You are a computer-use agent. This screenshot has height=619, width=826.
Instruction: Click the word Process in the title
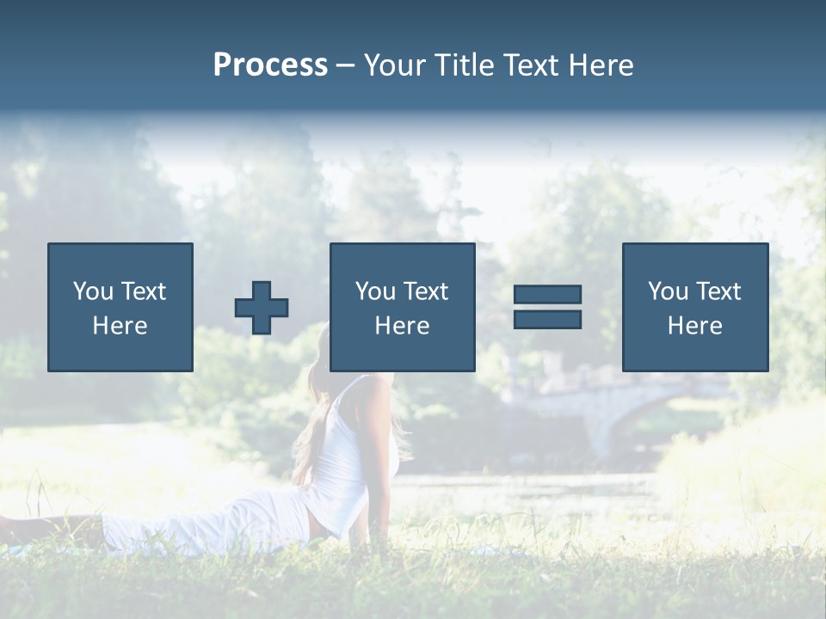[x=270, y=65]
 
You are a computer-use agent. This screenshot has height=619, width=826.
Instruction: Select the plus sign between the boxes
[x=262, y=308]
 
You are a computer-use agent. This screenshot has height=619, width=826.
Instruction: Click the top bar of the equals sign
[x=547, y=294]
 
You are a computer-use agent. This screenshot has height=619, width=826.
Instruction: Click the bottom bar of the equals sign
[x=547, y=320]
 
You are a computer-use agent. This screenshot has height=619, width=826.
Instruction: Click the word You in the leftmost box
[x=93, y=291]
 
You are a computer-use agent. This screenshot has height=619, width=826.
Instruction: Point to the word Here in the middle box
[x=403, y=326]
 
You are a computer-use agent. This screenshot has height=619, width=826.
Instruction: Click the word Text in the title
[x=533, y=65]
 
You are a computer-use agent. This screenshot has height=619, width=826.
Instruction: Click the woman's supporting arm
[x=379, y=481]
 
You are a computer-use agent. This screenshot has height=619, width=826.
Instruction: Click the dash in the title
[x=345, y=65]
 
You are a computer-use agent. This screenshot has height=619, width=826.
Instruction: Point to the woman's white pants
[x=215, y=524]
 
